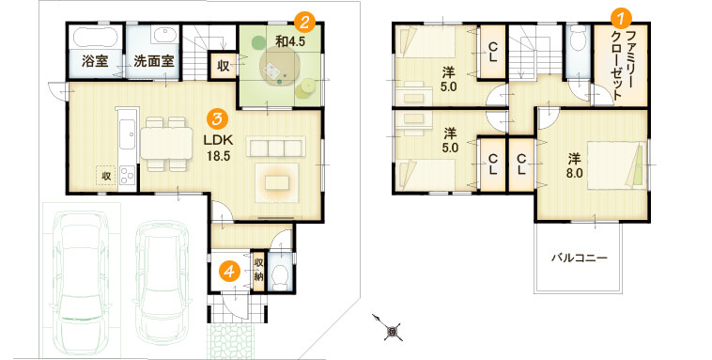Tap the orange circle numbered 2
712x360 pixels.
coord(304,22)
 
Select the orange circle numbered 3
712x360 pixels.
coord(217,119)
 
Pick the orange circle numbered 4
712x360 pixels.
coord(229,272)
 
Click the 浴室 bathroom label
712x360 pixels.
coord(96,61)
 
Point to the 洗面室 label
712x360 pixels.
coord(154,61)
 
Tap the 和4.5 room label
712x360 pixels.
coord(290,41)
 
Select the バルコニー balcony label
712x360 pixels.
coord(579,258)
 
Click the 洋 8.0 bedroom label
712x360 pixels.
coord(575,166)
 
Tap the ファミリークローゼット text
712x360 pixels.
coord(623,66)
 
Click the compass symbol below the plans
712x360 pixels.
coord(390,328)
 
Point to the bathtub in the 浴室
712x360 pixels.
coord(96,37)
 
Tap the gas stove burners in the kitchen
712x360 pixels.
coord(127,176)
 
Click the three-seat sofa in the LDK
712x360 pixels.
coord(276,147)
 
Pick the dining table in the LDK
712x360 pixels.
coord(166,143)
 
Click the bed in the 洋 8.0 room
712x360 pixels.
coord(616,165)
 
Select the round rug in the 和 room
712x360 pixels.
coord(278,68)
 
